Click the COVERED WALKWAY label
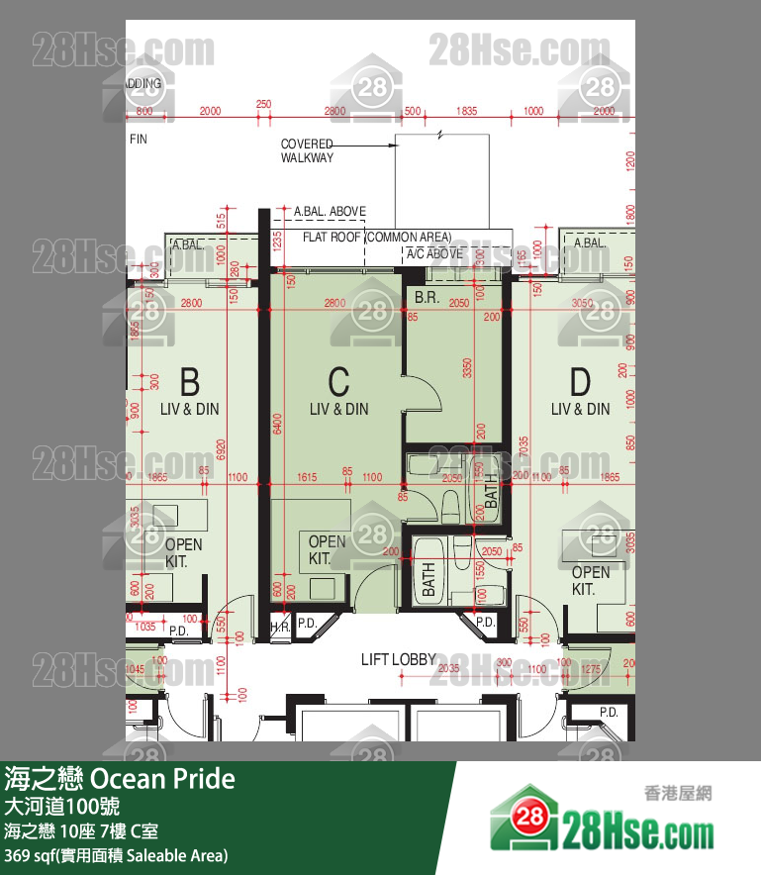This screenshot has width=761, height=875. [307, 150]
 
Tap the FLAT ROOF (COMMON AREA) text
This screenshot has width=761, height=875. [377, 238]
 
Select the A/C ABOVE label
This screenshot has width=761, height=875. [434, 253]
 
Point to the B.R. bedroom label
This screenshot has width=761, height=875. [427, 297]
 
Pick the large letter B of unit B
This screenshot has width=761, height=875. [189, 381]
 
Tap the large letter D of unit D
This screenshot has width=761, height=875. [580, 381]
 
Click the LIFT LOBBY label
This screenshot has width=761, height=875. [399, 659]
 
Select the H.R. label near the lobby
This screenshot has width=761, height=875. [280, 627]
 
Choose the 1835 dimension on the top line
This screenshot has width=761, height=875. [466, 111]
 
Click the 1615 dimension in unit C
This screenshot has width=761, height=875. [307, 478]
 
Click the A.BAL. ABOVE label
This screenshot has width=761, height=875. [330, 211]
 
